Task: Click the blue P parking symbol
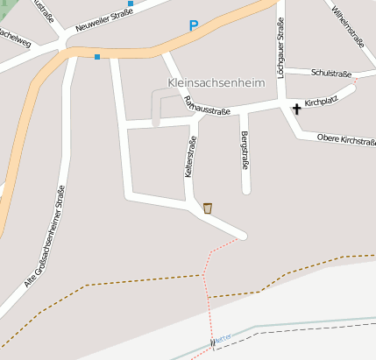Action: click(194, 26)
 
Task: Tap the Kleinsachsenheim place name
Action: click(215, 83)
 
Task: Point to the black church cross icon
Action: click(297, 109)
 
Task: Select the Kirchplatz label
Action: click(322, 102)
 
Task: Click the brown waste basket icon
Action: click(208, 208)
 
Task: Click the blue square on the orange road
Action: click(96, 57)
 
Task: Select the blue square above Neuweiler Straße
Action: click(131, 4)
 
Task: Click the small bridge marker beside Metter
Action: click(212, 341)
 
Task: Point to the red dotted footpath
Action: click(207, 280)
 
